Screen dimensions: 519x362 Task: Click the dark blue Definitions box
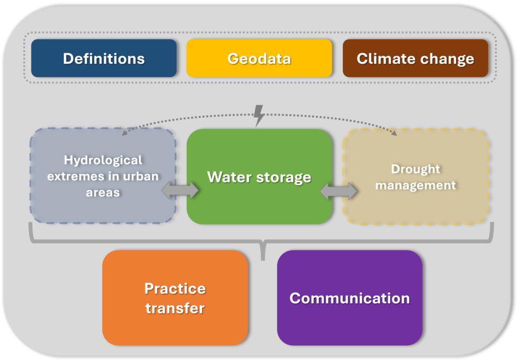click(103, 58)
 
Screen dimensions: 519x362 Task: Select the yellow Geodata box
click(259, 58)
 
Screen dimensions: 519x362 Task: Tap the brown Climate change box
click(416, 58)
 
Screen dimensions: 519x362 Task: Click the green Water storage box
click(259, 177)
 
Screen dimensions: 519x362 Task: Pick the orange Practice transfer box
click(175, 298)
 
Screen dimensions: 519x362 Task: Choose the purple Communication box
click(350, 298)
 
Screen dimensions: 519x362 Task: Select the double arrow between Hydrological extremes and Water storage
click(180, 190)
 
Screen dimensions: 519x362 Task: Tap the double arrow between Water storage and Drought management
click(339, 191)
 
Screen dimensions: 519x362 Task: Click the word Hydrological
click(103, 160)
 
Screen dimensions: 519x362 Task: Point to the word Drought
click(416, 169)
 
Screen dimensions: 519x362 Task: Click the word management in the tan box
click(416, 185)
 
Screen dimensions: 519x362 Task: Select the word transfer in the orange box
click(175, 308)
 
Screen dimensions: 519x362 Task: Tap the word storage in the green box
click(284, 178)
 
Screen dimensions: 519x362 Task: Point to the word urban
click(141, 176)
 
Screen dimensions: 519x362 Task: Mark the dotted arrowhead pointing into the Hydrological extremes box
click(125, 133)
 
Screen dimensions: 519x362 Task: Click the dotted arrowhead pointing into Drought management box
click(394, 133)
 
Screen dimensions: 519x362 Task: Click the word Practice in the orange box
click(175, 289)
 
